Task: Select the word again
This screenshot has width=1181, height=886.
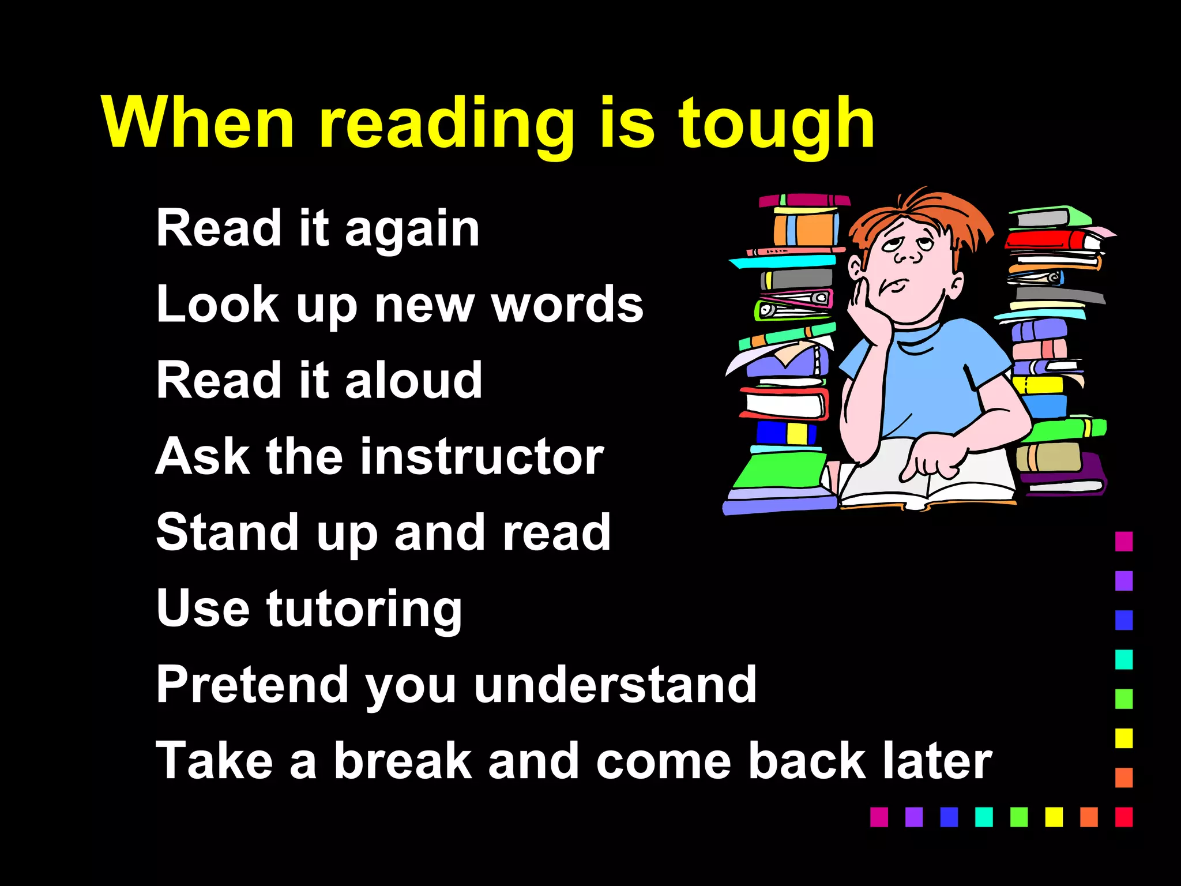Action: (412, 230)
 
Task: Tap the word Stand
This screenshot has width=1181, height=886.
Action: (225, 532)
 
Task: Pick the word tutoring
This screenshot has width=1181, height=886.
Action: (364, 609)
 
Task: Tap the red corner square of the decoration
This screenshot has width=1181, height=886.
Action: (1123, 817)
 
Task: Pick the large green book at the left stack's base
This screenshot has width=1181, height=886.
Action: (781, 470)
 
